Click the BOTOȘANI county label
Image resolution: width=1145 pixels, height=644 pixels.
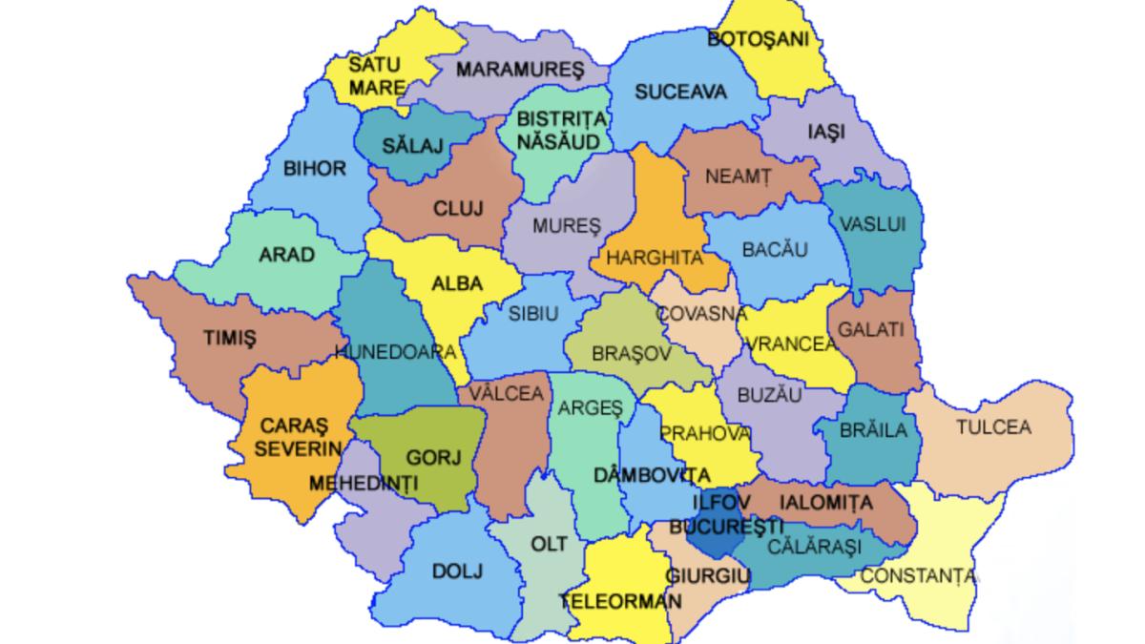758,39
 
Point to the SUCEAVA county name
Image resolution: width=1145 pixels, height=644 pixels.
681,93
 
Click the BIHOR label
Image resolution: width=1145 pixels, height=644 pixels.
315,169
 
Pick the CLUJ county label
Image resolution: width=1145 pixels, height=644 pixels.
459,208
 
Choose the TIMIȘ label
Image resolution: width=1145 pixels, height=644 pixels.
230,338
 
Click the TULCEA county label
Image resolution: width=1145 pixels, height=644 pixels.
994,426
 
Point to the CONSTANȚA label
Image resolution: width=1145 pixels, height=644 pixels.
919,575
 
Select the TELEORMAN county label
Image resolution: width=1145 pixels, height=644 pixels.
621,602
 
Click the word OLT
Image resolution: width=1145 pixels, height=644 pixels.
549,545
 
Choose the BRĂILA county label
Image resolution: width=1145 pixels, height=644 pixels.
873,430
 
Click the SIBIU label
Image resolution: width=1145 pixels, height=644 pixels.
532,315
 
